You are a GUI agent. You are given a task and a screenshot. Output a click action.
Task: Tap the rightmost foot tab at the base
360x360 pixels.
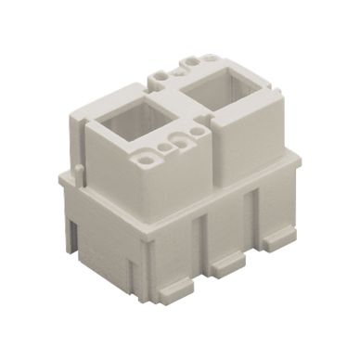click(x=275, y=238)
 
